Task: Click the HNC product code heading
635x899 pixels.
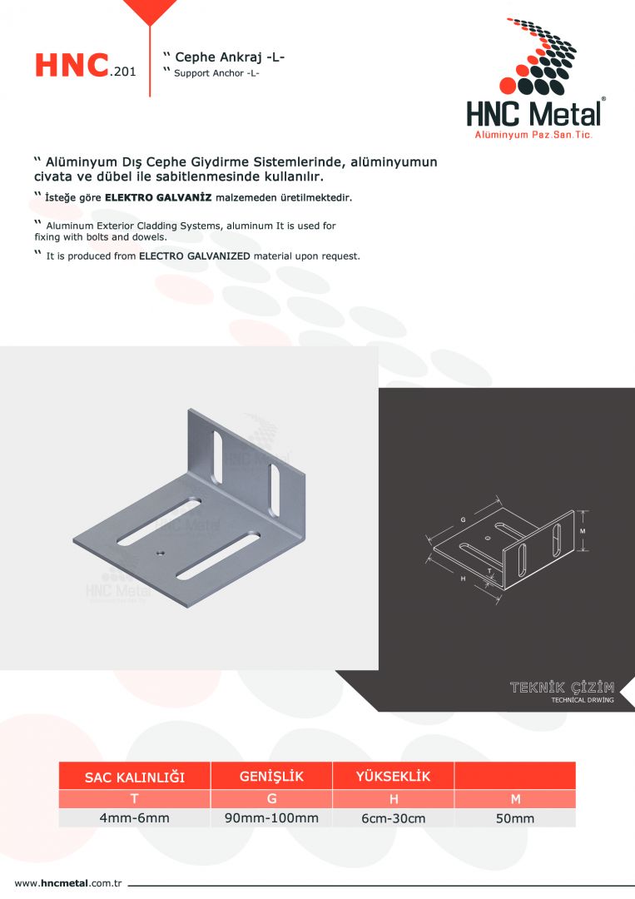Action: [x=86, y=65]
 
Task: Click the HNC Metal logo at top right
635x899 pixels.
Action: [x=535, y=78]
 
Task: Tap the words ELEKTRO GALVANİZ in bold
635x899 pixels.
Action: [x=158, y=198]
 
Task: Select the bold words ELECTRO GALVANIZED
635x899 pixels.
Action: [x=195, y=256]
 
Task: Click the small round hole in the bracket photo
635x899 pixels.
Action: [x=160, y=554]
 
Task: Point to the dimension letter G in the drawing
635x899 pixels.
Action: [x=463, y=520]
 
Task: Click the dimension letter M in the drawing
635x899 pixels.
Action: [x=583, y=531]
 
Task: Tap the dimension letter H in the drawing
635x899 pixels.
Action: [x=463, y=579]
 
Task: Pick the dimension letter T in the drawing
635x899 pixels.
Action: [x=489, y=572]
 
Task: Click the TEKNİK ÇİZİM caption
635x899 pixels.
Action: [x=562, y=688]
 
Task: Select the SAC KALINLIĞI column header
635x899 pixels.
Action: [x=135, y=777]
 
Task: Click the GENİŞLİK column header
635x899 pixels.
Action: [x=271, y=777]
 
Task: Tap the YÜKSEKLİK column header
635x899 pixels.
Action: [x=393, y=777]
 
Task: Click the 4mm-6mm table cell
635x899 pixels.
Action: [x=135, y=818]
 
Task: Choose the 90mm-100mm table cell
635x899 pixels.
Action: [x=271, y=818]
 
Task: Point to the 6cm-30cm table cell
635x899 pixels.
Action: [x=393, y=819]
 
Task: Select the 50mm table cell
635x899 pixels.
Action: [x=514, y=819]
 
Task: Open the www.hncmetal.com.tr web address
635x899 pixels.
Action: [x=68, y=883]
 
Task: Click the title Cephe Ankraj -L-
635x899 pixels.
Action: [x=230, y=57]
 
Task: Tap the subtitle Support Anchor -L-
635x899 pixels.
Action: [x=216, y=73]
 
